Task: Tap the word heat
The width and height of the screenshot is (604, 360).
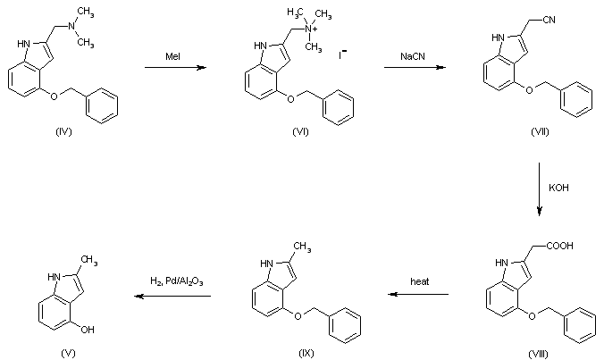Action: tap(420, 281)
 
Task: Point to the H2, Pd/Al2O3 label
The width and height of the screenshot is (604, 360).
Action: tap(177, 281)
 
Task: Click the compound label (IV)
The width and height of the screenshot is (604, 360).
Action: tap(63, 131)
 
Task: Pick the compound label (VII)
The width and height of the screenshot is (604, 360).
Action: tap(539, 131)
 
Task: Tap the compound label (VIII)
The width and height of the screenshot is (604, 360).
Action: tap(539, 355)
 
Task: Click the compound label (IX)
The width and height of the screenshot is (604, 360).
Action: tap(307, 355)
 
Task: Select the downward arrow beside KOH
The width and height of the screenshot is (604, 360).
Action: tap(540, 189)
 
